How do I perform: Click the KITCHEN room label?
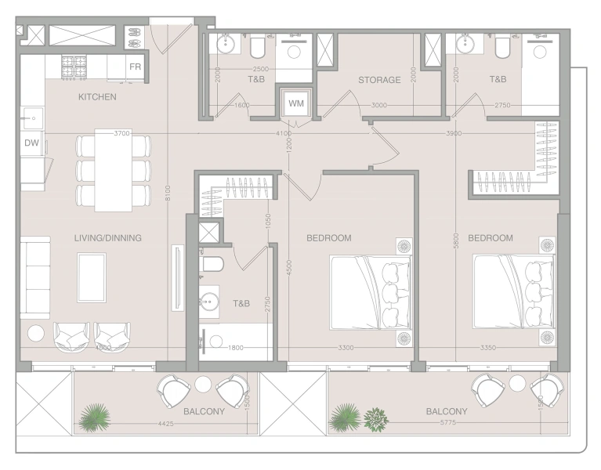point(97,97)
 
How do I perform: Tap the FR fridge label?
point(135,67)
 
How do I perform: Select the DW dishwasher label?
point(31,143)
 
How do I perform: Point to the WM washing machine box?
point(295,103)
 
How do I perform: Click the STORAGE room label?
point(379,80)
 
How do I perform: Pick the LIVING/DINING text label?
point(107,238)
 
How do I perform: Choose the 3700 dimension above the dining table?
point(121,134)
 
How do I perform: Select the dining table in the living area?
point(114,170)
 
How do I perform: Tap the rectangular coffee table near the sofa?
point(92,277)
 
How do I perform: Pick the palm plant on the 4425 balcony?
point(94,417)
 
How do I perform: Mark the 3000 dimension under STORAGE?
point(379,105)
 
